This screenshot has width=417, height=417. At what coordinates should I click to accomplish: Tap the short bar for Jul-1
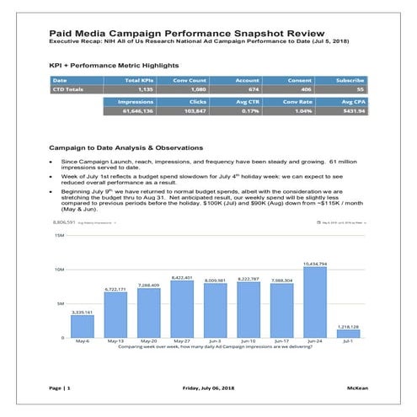(347, 334)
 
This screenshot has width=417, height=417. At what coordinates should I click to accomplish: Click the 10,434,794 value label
(314, 264)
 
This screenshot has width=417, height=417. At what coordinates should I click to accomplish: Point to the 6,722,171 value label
(115, 289)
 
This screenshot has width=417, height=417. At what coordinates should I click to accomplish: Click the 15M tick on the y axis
(59, 236)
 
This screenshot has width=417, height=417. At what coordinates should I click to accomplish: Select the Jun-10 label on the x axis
(248, 341)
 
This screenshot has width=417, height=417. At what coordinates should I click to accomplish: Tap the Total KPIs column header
(138, 80)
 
